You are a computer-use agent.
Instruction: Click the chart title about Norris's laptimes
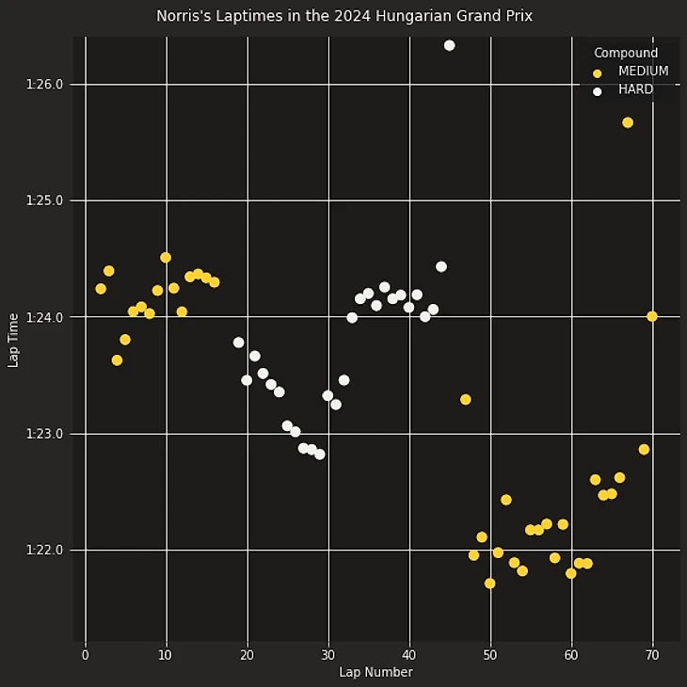(343, 16)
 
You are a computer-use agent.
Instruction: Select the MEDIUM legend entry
(643, 72)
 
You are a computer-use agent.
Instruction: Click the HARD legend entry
(635, 90)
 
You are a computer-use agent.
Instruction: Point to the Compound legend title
(626, 54)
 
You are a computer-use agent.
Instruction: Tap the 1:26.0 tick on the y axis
(45, 85)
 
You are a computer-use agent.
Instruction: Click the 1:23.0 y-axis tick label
(45, 434)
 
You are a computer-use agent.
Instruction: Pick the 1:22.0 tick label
(45, 551)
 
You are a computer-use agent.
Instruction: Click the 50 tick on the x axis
(490, 654)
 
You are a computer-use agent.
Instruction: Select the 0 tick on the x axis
(86, 654)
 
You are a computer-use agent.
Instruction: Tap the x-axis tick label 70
(652, 654)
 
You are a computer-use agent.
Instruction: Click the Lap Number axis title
(375, 673)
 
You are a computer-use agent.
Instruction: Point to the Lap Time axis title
(13, 341)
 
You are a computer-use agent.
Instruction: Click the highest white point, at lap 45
(449, 45)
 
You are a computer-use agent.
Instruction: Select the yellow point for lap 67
(628, 122)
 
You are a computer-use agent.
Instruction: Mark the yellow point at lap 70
(652, 316)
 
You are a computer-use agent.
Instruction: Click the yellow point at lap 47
(466, 400)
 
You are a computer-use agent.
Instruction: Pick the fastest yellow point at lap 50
(489, 583)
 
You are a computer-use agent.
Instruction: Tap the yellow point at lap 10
(166, 257)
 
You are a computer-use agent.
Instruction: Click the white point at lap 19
(238, 343)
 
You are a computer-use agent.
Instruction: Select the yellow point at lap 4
(117, 360)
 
